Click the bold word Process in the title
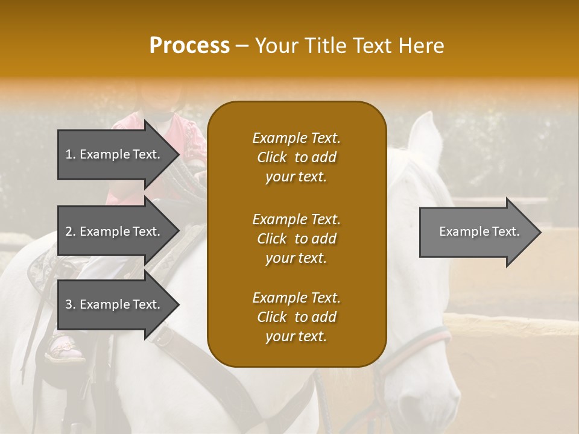click(x=189, y=46)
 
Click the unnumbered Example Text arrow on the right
click(x=479, y=231)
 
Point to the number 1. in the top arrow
click(x=71, y=154)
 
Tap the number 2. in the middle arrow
click(x=71, y=231)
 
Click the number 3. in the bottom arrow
click(x=71, y=304)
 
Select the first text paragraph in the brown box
click(x=296, y=157)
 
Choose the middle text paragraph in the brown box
click(x=296, y=239)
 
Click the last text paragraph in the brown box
click(x=296, y=317)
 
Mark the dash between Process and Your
click(x=242, y=46)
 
